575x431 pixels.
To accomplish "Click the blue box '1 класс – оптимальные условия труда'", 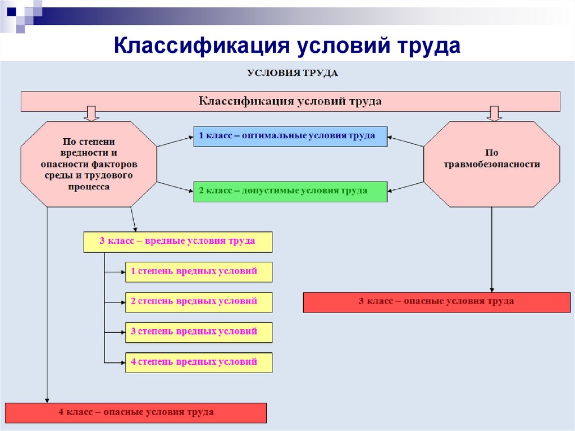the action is (290, 136).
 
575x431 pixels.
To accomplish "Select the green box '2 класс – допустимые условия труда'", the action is (290, 191).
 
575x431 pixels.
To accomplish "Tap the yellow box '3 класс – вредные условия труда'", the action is (178, 242).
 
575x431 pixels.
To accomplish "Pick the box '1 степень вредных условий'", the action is (199, 272).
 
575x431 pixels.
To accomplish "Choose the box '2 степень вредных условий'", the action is (199, 302).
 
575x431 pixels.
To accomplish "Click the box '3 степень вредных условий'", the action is (199, 332).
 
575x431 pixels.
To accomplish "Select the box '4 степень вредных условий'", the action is (199, 362).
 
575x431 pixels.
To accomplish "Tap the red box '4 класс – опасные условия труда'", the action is (136, 413).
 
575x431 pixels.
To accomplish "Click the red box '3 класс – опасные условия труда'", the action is (437, 302).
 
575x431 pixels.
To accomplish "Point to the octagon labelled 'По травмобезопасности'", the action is (492, 164).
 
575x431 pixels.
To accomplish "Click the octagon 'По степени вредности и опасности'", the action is (89, 164).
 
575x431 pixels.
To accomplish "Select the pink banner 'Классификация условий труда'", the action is (290, 101).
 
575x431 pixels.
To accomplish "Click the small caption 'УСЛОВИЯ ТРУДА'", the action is (292, 73).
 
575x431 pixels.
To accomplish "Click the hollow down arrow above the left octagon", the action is (92, 114).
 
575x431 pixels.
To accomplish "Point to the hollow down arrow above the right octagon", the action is (494, 114).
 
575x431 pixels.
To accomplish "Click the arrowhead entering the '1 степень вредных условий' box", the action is (123, 272).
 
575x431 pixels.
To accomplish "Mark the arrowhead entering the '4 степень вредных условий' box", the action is (123, 362).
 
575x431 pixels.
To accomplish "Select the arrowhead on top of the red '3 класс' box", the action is (492, 289).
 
